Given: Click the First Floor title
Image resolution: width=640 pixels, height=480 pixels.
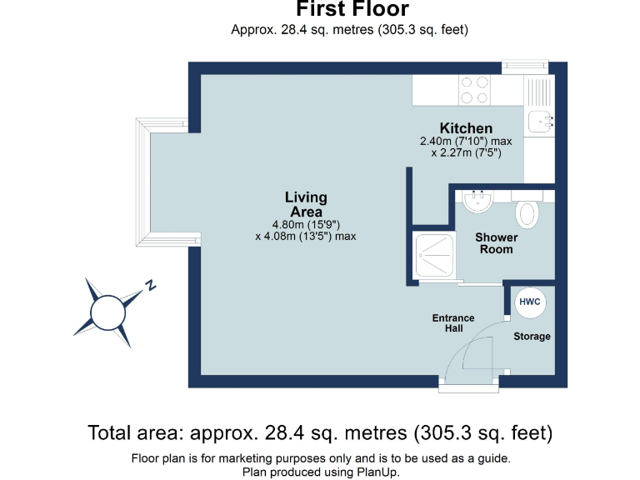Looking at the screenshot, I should pyautogui.click(x=352, y=10).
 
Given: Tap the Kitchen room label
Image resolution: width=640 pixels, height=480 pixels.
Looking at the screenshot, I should pyautogui.click(x=466, y=128).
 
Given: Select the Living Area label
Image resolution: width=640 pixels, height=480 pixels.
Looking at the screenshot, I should pyautogui.click(x=306, y=205).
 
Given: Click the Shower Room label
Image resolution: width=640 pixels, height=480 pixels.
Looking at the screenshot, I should pyautogui.click(x=496, y=243).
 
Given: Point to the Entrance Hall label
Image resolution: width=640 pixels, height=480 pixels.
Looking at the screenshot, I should pyautogui.click(x=452, y=323).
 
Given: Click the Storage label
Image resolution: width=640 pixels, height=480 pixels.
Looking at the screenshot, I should pyautogui.click(x=532, y=337).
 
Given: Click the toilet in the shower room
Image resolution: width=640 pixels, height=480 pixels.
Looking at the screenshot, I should pyautogui.click(x=527, y=213).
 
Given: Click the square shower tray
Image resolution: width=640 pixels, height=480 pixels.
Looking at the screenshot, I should pyautogui.click(x=435, y=256).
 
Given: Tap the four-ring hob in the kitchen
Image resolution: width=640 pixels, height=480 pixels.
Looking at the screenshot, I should pyautogui.click(x=475, y=90).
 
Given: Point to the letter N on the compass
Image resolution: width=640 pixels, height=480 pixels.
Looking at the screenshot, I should pyautogui.click(x=151, y=285).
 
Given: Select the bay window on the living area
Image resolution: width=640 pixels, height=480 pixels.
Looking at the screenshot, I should pyautogui.click(x=143, y=184).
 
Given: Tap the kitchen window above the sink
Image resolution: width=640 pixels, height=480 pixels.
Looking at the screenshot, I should pyautogui.click(x=525, y=65).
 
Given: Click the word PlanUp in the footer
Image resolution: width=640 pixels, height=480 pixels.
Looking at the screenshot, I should pyautogui.click(x=378, y=472).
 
